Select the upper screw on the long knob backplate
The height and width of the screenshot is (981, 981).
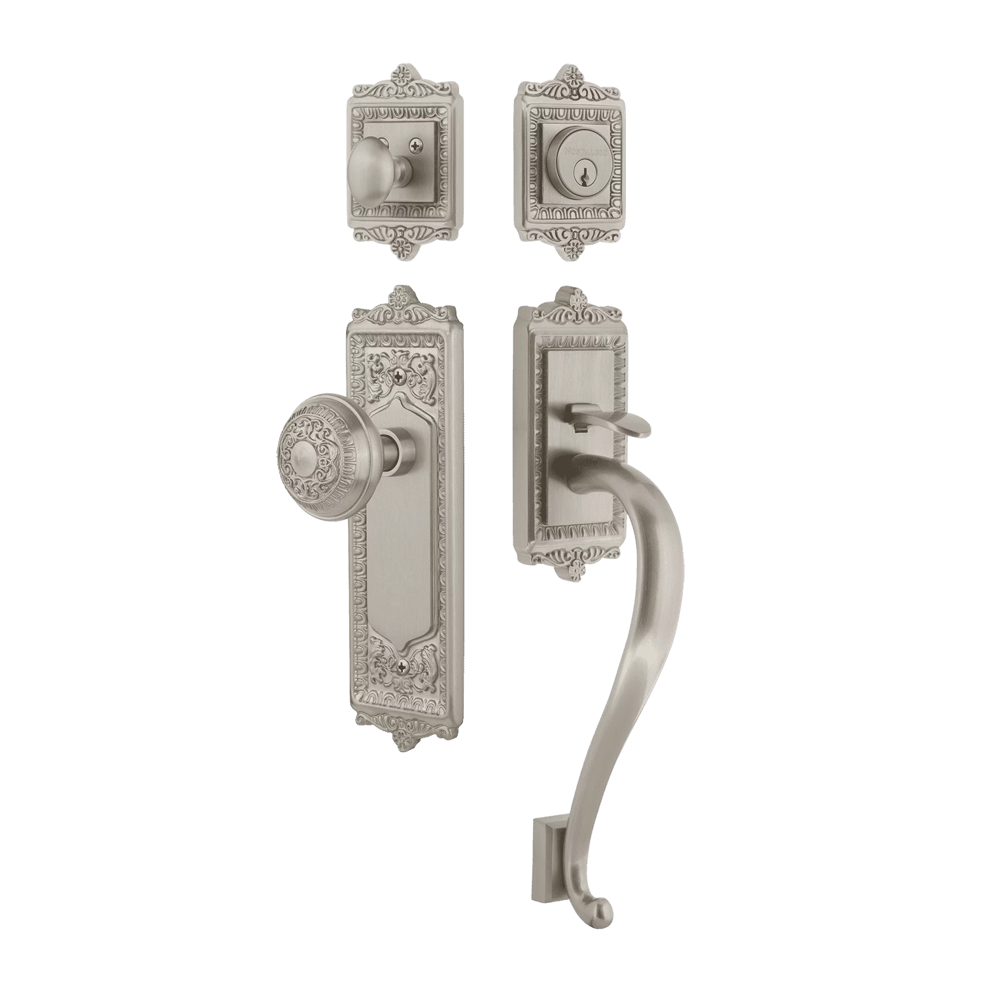[401, 375]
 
